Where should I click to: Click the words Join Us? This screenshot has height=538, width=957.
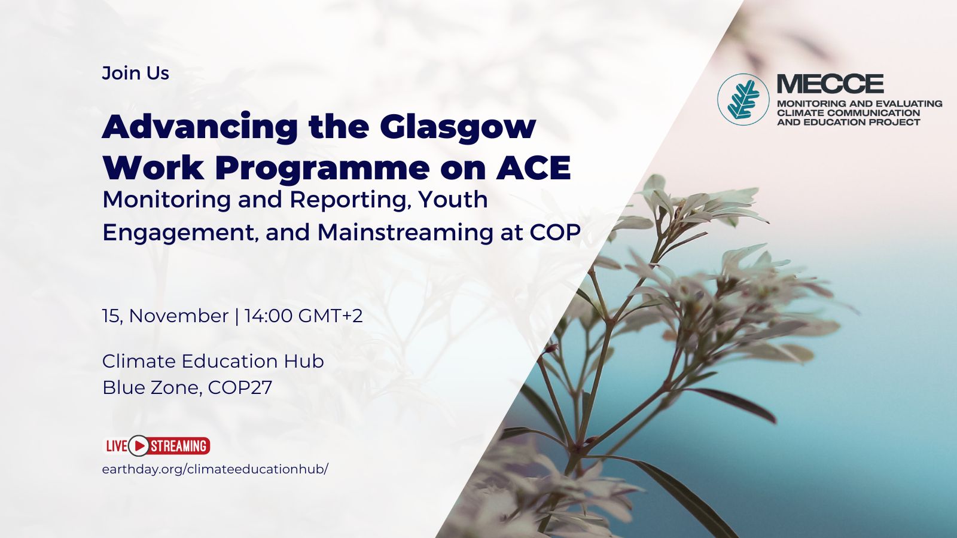coord(135,73)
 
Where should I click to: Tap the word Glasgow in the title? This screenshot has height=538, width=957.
coord(458,127)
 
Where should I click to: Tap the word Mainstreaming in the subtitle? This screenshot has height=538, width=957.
coord(405,233)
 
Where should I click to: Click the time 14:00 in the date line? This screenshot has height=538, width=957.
coord(269,316)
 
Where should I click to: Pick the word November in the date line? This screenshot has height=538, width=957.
coord(179,316)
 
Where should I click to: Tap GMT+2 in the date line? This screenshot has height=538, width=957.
coord(330,316)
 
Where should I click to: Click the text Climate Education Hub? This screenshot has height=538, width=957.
coord(213,361)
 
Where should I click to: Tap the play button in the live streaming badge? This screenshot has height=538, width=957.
coord(138,446)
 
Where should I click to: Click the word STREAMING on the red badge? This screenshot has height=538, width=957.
coord(179,446)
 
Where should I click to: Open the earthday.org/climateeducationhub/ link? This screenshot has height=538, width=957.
coord(215,469)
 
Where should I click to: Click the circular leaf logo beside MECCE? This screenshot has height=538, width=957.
coord(743,99)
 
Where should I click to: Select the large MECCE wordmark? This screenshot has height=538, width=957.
coord(830,84)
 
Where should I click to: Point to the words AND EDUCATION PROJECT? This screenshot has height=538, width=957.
coord(849,122)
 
